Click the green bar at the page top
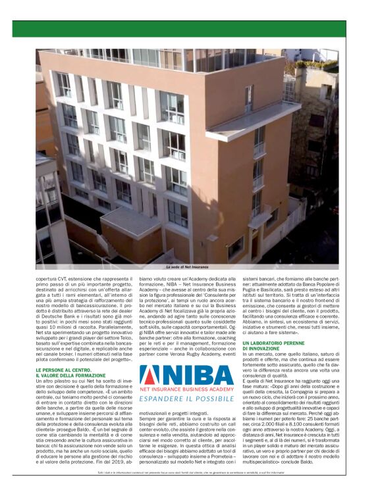click(191, 28)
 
